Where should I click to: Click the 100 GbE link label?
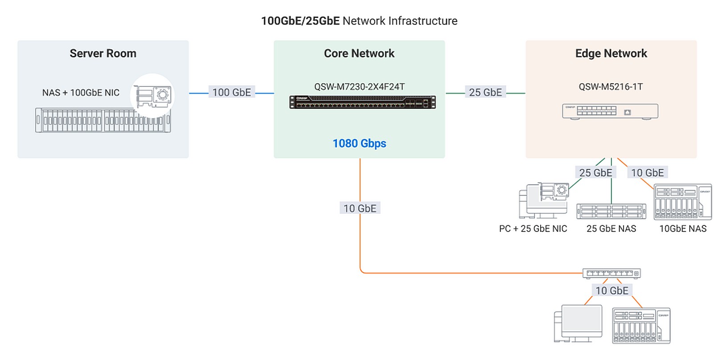(x=232, y=93)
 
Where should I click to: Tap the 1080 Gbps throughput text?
(x=359, y=143)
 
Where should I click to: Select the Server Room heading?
(x=103, y=53)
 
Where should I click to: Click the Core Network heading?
(x=359, y=53)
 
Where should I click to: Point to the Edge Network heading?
(x=611, y=53)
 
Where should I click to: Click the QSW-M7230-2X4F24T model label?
(x=359, y=87)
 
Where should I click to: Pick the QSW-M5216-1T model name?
(x=611, y=87)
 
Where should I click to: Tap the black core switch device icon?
(x=362, y=102)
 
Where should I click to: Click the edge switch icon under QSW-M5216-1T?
(x=610, y=111)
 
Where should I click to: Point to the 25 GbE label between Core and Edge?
(x=485, y=93)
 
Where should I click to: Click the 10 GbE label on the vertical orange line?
(x=360, y=209)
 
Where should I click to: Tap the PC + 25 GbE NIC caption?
(x=533, y=229)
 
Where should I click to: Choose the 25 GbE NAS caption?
(x=611, y=229)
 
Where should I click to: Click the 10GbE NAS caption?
(x=683, y=229)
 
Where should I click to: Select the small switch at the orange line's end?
(x=611, y=273)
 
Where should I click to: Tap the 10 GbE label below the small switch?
(x=612, y=291)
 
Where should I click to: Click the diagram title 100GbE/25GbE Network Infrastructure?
(x=359, y=21)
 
